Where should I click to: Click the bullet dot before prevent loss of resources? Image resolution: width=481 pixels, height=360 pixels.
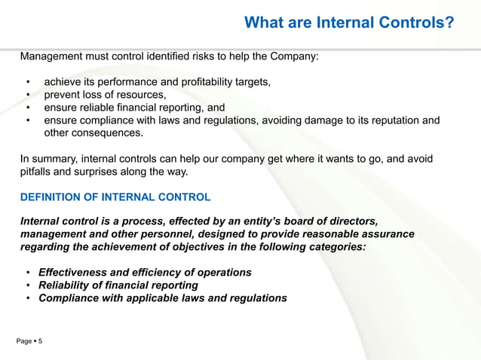(x=29, y=95)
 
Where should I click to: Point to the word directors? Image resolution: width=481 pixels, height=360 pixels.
(x=342, y=221)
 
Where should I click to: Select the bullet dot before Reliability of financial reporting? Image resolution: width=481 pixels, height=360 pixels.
(x=29, y=285)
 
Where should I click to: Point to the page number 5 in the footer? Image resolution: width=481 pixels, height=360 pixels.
(x=40, y=342)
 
